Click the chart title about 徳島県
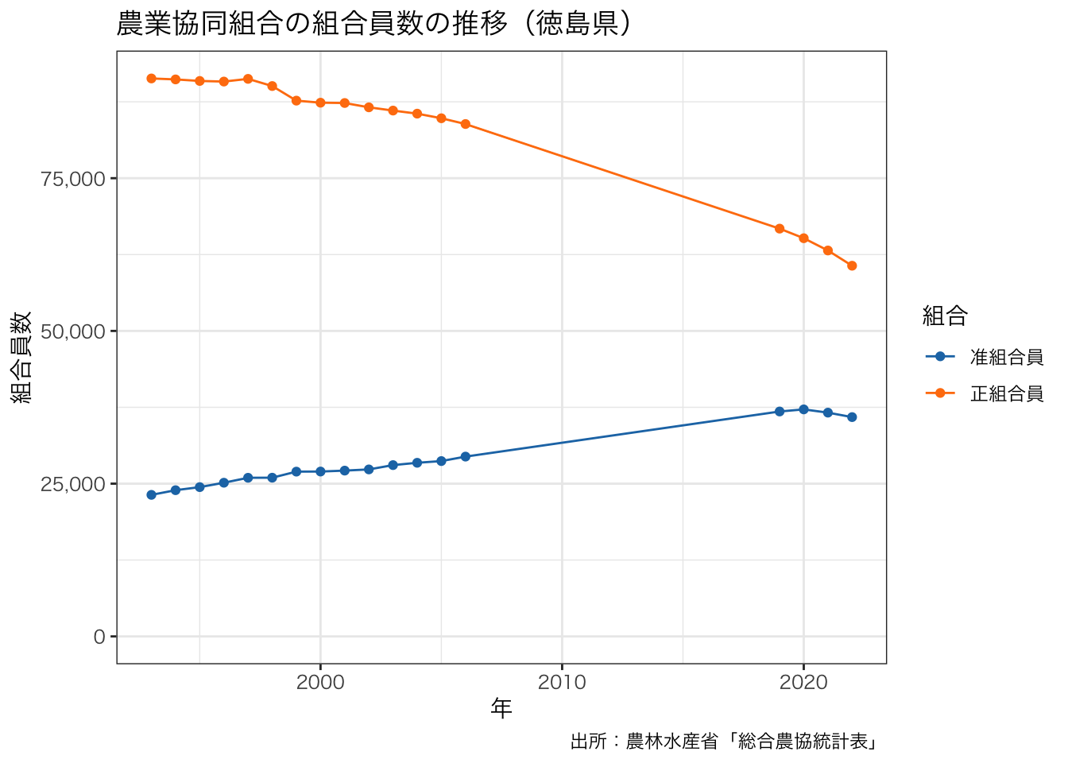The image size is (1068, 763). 374,24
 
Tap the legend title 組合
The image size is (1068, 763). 944,316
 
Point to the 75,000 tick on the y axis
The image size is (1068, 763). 73,179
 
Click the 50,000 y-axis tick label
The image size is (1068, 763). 73,331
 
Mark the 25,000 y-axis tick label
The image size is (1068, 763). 73,484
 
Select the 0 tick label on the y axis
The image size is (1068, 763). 99,637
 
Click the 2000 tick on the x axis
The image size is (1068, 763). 320,682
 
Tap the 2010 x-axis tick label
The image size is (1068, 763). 562,682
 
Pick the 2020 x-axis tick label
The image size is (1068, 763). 803,682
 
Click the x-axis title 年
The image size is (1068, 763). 501,708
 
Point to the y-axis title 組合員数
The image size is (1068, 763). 21,357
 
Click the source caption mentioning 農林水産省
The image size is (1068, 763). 724,742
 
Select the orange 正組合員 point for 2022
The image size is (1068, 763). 852,265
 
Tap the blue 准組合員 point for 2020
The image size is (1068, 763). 803,409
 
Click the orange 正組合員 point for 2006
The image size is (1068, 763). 466,124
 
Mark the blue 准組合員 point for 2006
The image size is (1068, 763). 466,457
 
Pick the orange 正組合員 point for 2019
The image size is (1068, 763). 780,229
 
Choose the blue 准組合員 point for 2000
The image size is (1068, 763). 320,471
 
